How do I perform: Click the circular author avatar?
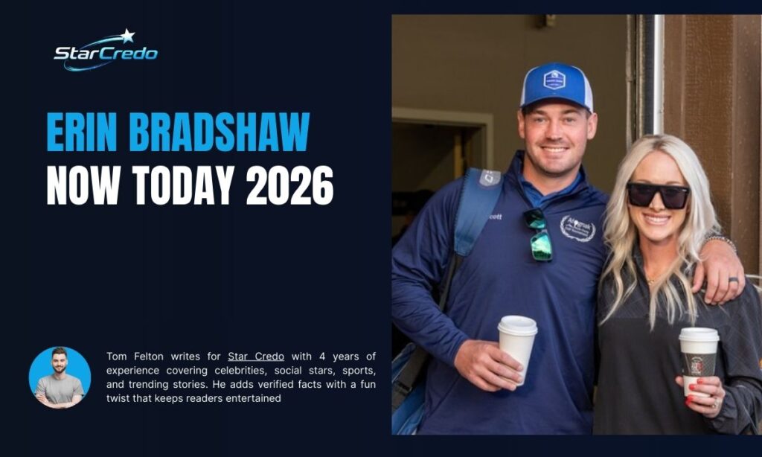pyautogui.click(x=60, y=377)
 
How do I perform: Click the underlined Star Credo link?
pyautogui.click(x=256, y=357)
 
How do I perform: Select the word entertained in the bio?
pyautogui.click(x=253, y=398)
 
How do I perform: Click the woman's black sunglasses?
pyautogui.click(x=658, y=195)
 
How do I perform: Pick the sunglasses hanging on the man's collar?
pyautogui.click(x=538, y=234)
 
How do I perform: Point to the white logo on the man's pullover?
pyautogui.click(x=577, y=228)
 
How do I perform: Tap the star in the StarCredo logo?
pyautogui.click(x=127, y=35)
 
